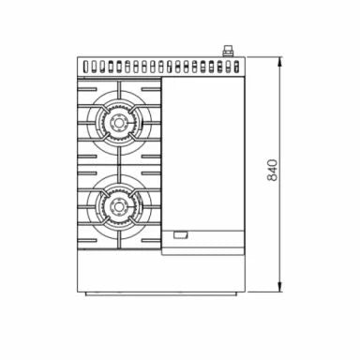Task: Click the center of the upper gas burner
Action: coord(119,122)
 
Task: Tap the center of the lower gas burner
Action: coord(119,203)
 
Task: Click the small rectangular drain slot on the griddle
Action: coord(179,235)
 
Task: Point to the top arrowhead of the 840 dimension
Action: coord(278,59)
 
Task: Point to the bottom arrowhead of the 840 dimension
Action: coord(278,286)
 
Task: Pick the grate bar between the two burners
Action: coord(119,162)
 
